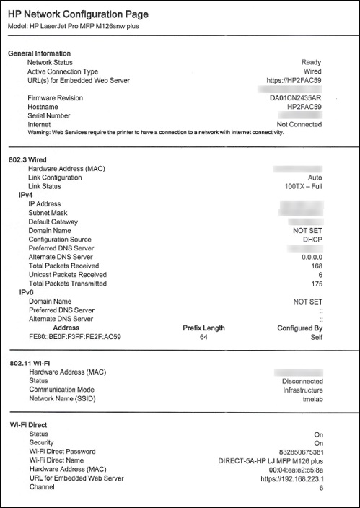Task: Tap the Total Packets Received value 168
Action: [315, 266]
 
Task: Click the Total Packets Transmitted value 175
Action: [315, 284]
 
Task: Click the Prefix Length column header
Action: [203, 328]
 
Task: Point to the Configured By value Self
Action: [315, 336]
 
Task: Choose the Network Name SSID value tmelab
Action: [310, 399]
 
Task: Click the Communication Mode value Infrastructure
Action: [302, 390]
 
